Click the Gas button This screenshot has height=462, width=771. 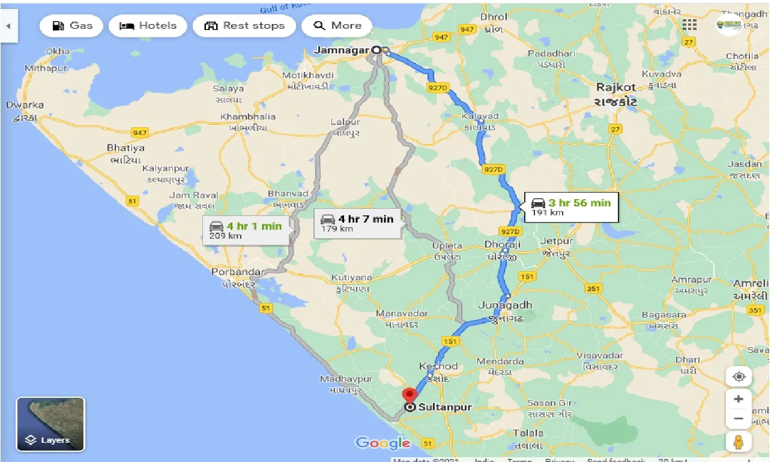tap(72, 26)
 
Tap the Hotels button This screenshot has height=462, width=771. tap(148, 26)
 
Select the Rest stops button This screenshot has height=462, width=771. tap(244, 26)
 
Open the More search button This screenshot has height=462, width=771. tap(337, 26)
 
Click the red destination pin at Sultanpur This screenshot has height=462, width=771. tap(410, 396)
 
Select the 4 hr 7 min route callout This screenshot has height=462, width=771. tap(357, 223)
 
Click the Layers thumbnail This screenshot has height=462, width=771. tap(50, 424)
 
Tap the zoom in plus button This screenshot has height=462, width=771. tap(739, 399)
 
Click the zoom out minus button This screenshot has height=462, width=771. tap(739, 418)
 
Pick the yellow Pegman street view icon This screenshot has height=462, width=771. tap(739, 442)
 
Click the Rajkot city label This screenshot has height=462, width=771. tap(615, 88)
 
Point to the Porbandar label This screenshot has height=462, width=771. tap(237, 272)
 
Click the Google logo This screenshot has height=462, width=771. tap(382, 443)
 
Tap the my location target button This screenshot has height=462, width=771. tap(739, 377)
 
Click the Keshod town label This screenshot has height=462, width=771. tap(438, 366)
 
